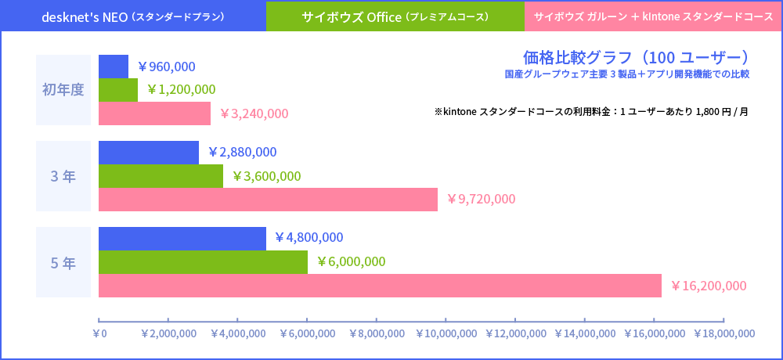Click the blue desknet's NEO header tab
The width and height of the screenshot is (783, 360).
[x=132, y=16]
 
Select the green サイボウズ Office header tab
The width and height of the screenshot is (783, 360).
[x=395, y=16]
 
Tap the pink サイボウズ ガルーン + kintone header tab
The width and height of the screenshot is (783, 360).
[x=653, y=16]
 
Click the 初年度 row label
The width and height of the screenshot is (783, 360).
[x=63, y=89]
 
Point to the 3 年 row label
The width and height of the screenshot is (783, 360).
[x=63, y=176]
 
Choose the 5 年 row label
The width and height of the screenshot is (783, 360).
[x=63, y=262]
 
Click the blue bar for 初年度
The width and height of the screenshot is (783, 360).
[x=114, y=67]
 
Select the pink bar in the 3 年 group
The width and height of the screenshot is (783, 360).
[x=268, y=199]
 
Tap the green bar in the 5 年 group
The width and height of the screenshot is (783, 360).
[x=203, y=262]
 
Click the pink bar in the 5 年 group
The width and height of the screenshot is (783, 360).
[x=380, y=286]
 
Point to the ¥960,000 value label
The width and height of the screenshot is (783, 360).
[x=166, y=67]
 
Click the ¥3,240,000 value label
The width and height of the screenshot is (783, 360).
[x=254, y=113]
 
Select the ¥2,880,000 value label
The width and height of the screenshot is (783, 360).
[x=242, y=152]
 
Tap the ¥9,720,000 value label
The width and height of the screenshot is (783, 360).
[x=481, y=199]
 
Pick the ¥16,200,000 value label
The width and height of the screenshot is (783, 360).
[x=709, y=286]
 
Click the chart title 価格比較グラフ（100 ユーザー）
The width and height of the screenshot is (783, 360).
[x=636, y=57]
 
